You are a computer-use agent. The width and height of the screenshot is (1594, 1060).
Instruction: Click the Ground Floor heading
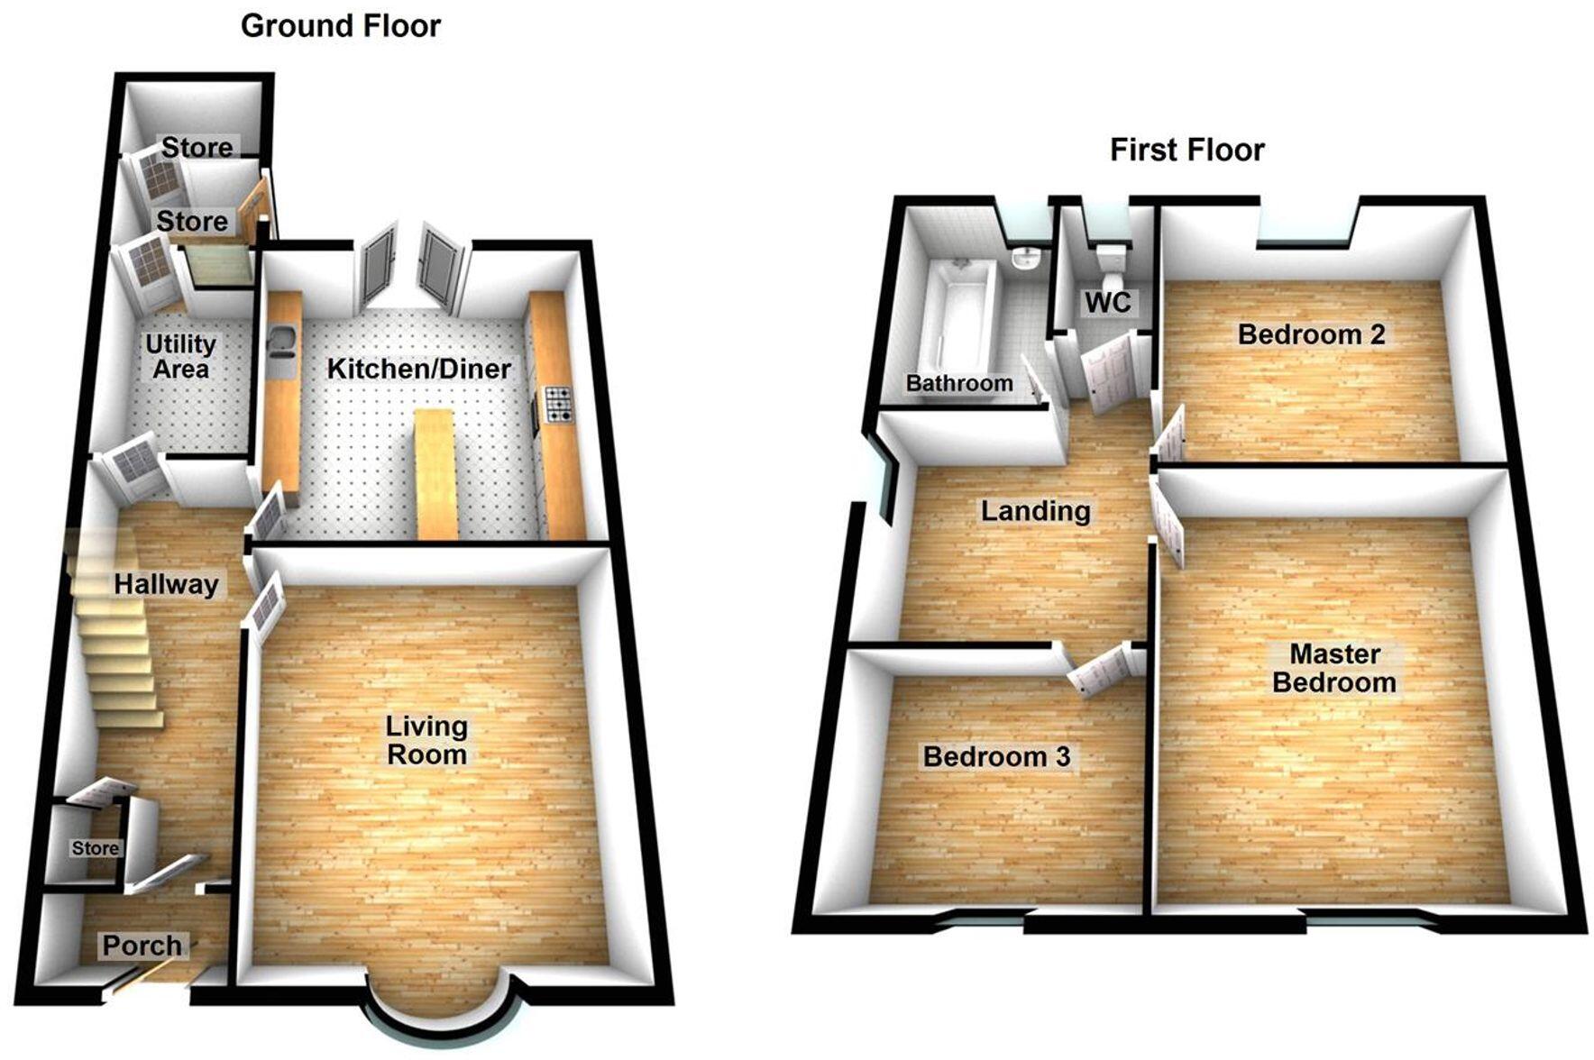click(340, 26)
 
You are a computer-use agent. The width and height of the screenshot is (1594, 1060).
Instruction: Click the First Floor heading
click(1186, 150)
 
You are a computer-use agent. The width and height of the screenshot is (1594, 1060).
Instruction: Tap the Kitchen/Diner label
click(418, 369)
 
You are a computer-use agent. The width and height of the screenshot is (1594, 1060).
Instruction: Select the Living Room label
click(426, 740)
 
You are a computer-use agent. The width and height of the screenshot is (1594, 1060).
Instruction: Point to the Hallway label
click(166, 585)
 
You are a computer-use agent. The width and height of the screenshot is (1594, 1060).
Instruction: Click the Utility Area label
click(180, 357)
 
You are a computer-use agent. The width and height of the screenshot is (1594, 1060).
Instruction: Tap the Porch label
click(142, 946)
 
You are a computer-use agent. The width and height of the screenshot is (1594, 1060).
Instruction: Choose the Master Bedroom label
click(1334, 668)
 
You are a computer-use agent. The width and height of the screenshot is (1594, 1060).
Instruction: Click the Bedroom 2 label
click(1311, 334)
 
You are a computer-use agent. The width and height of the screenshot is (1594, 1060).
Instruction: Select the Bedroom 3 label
click(996, 756)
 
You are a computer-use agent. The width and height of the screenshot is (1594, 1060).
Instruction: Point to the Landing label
click(1035, 511)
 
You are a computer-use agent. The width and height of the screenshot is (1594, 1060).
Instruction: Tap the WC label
click(1107, 302)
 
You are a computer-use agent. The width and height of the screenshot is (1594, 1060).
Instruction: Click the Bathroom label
click(959, 383)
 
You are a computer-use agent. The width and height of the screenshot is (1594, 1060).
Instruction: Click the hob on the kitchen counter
click(558, 404)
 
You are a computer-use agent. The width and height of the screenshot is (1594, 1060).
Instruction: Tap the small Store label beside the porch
click(95, 848)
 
